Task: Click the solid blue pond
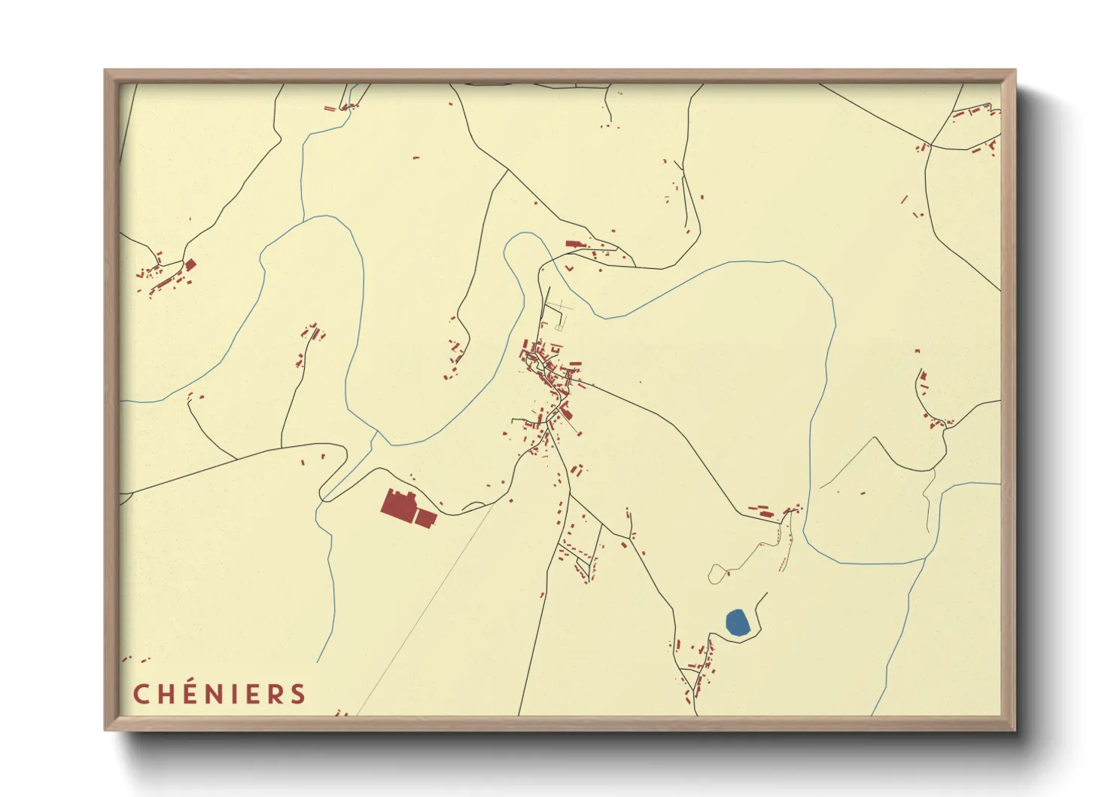(x=737, y=622)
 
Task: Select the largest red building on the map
(x=397, y=504)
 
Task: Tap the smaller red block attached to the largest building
(x=425, y=518)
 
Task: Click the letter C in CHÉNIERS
(x=141, y=694)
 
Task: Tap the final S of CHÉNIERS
(x=300, y=694)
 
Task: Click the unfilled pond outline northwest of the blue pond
(x=717, y=574)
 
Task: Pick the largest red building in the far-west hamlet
(x=190, y=264)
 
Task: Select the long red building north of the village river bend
(x=574, y=243)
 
